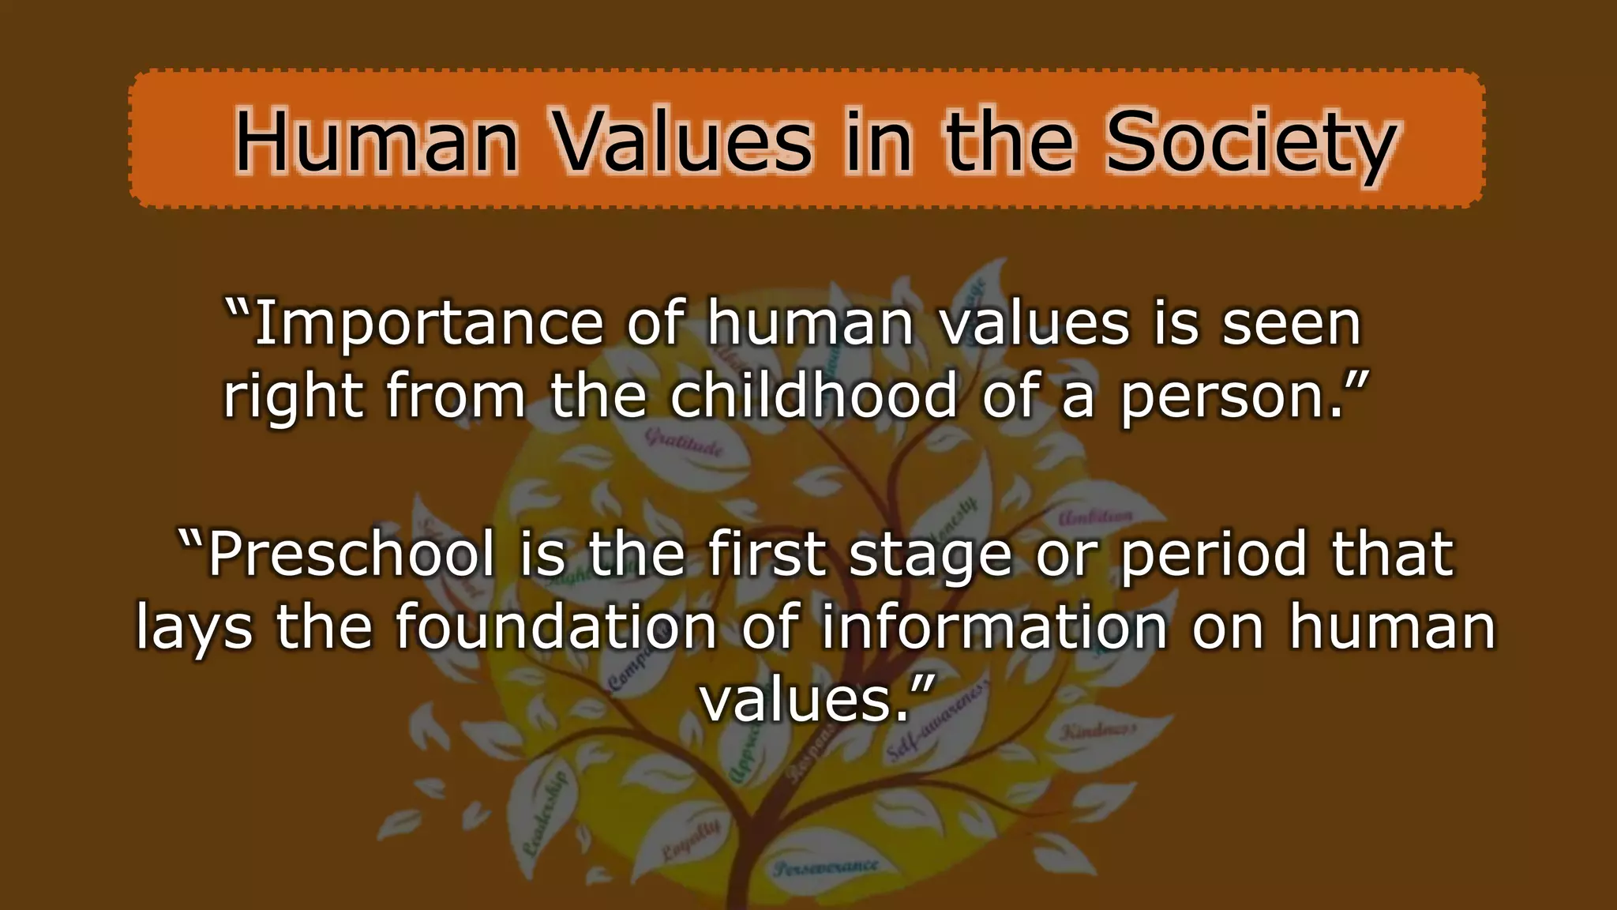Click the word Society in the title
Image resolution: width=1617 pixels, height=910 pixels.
coord(1251,144)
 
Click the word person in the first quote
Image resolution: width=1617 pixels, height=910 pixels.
coord(1231,397)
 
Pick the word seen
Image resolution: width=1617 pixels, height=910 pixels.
coord(1292,324)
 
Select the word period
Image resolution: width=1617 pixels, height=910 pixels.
coord(1213,555)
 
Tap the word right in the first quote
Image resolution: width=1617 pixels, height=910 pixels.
coord(293,397)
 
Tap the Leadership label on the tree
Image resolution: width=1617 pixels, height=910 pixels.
coord(545,814)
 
